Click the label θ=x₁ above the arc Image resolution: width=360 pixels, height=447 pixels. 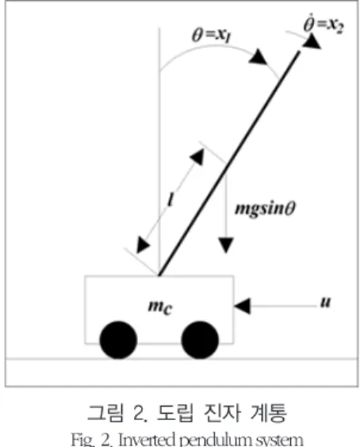point(211,36)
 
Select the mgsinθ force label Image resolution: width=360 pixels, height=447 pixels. point(265,208)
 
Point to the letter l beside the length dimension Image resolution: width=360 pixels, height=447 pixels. point(170,199)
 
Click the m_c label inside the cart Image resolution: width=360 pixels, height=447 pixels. point(161,307)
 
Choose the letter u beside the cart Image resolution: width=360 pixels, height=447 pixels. point(325,302)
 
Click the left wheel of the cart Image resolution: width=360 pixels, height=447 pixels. point(118,340)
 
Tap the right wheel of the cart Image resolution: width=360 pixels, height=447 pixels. point(200,340)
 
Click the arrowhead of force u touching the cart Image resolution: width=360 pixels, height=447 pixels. point(243,306)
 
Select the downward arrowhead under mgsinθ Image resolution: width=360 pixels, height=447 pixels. point(226,246)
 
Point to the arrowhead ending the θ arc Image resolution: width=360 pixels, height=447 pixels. point(259,57)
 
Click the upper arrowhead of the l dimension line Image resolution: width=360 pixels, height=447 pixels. point(197,157)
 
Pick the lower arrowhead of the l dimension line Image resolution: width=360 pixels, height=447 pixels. point(143,245)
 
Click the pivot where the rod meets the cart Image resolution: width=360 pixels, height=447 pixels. point(159,275)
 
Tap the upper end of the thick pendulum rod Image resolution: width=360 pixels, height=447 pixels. point(299,52)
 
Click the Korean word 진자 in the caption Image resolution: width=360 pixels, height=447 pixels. point(223,412)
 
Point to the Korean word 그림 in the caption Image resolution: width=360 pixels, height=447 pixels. point(105,412)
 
